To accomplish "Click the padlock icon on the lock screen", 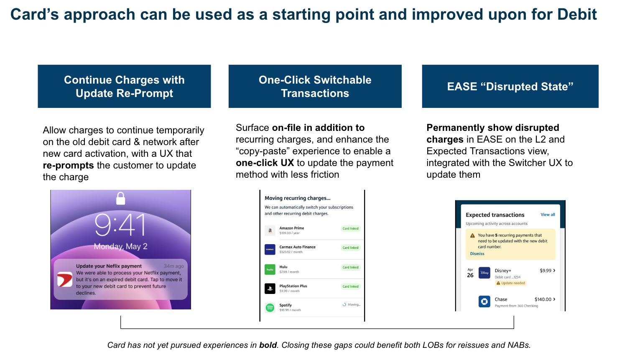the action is (120, 198).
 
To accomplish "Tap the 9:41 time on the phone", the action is (120, 225).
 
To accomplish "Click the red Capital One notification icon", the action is (65, 279).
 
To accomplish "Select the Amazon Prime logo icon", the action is (270, 230).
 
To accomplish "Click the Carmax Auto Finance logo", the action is (270, 250).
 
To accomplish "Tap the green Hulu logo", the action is (270, 269).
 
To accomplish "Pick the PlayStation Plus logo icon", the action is (270, 289).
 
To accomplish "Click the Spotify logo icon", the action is (270, 307).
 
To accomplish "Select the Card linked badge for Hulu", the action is (350, 267).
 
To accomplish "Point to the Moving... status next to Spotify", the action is (352, 304).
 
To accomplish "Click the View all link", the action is (548, 214).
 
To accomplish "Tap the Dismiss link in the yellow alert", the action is (477, 254).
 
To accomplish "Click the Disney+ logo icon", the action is (484, 273).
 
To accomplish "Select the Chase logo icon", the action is (484, 301).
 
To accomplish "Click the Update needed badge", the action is (511, 283).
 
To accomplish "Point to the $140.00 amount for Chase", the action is (543, 299).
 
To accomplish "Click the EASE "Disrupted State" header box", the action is (510, 87).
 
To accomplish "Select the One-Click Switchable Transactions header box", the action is (315, 87).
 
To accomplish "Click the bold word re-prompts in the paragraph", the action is (68, 166).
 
